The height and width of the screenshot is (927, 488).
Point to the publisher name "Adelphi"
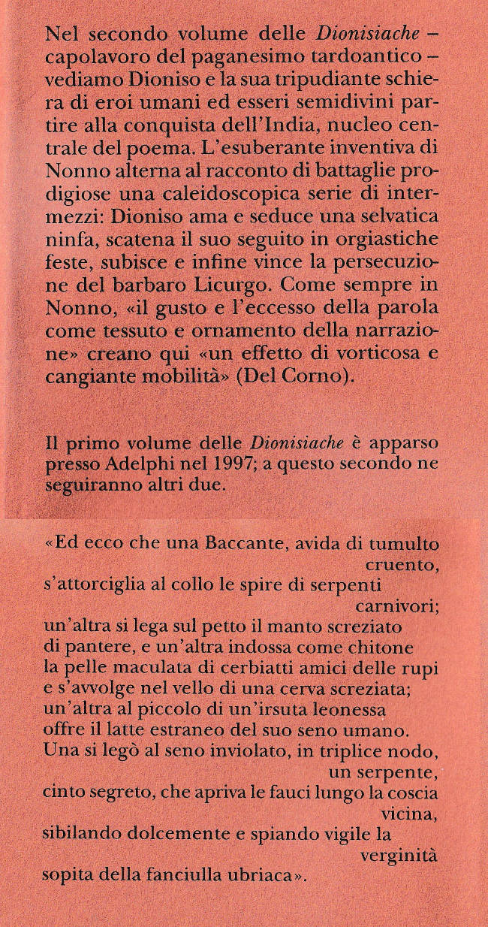tap(153, 464)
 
